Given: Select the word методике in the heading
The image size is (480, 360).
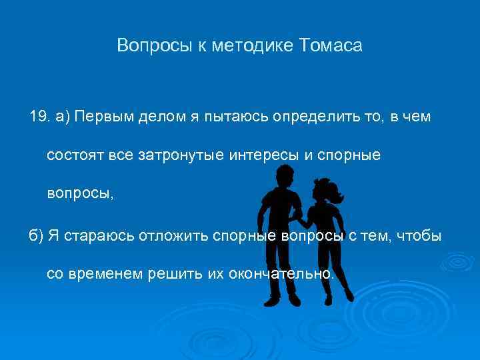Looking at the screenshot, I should click(256, 46).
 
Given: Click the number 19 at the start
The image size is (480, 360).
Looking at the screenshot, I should click(39, 117).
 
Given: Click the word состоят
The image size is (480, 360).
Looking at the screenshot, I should click(71, 155).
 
